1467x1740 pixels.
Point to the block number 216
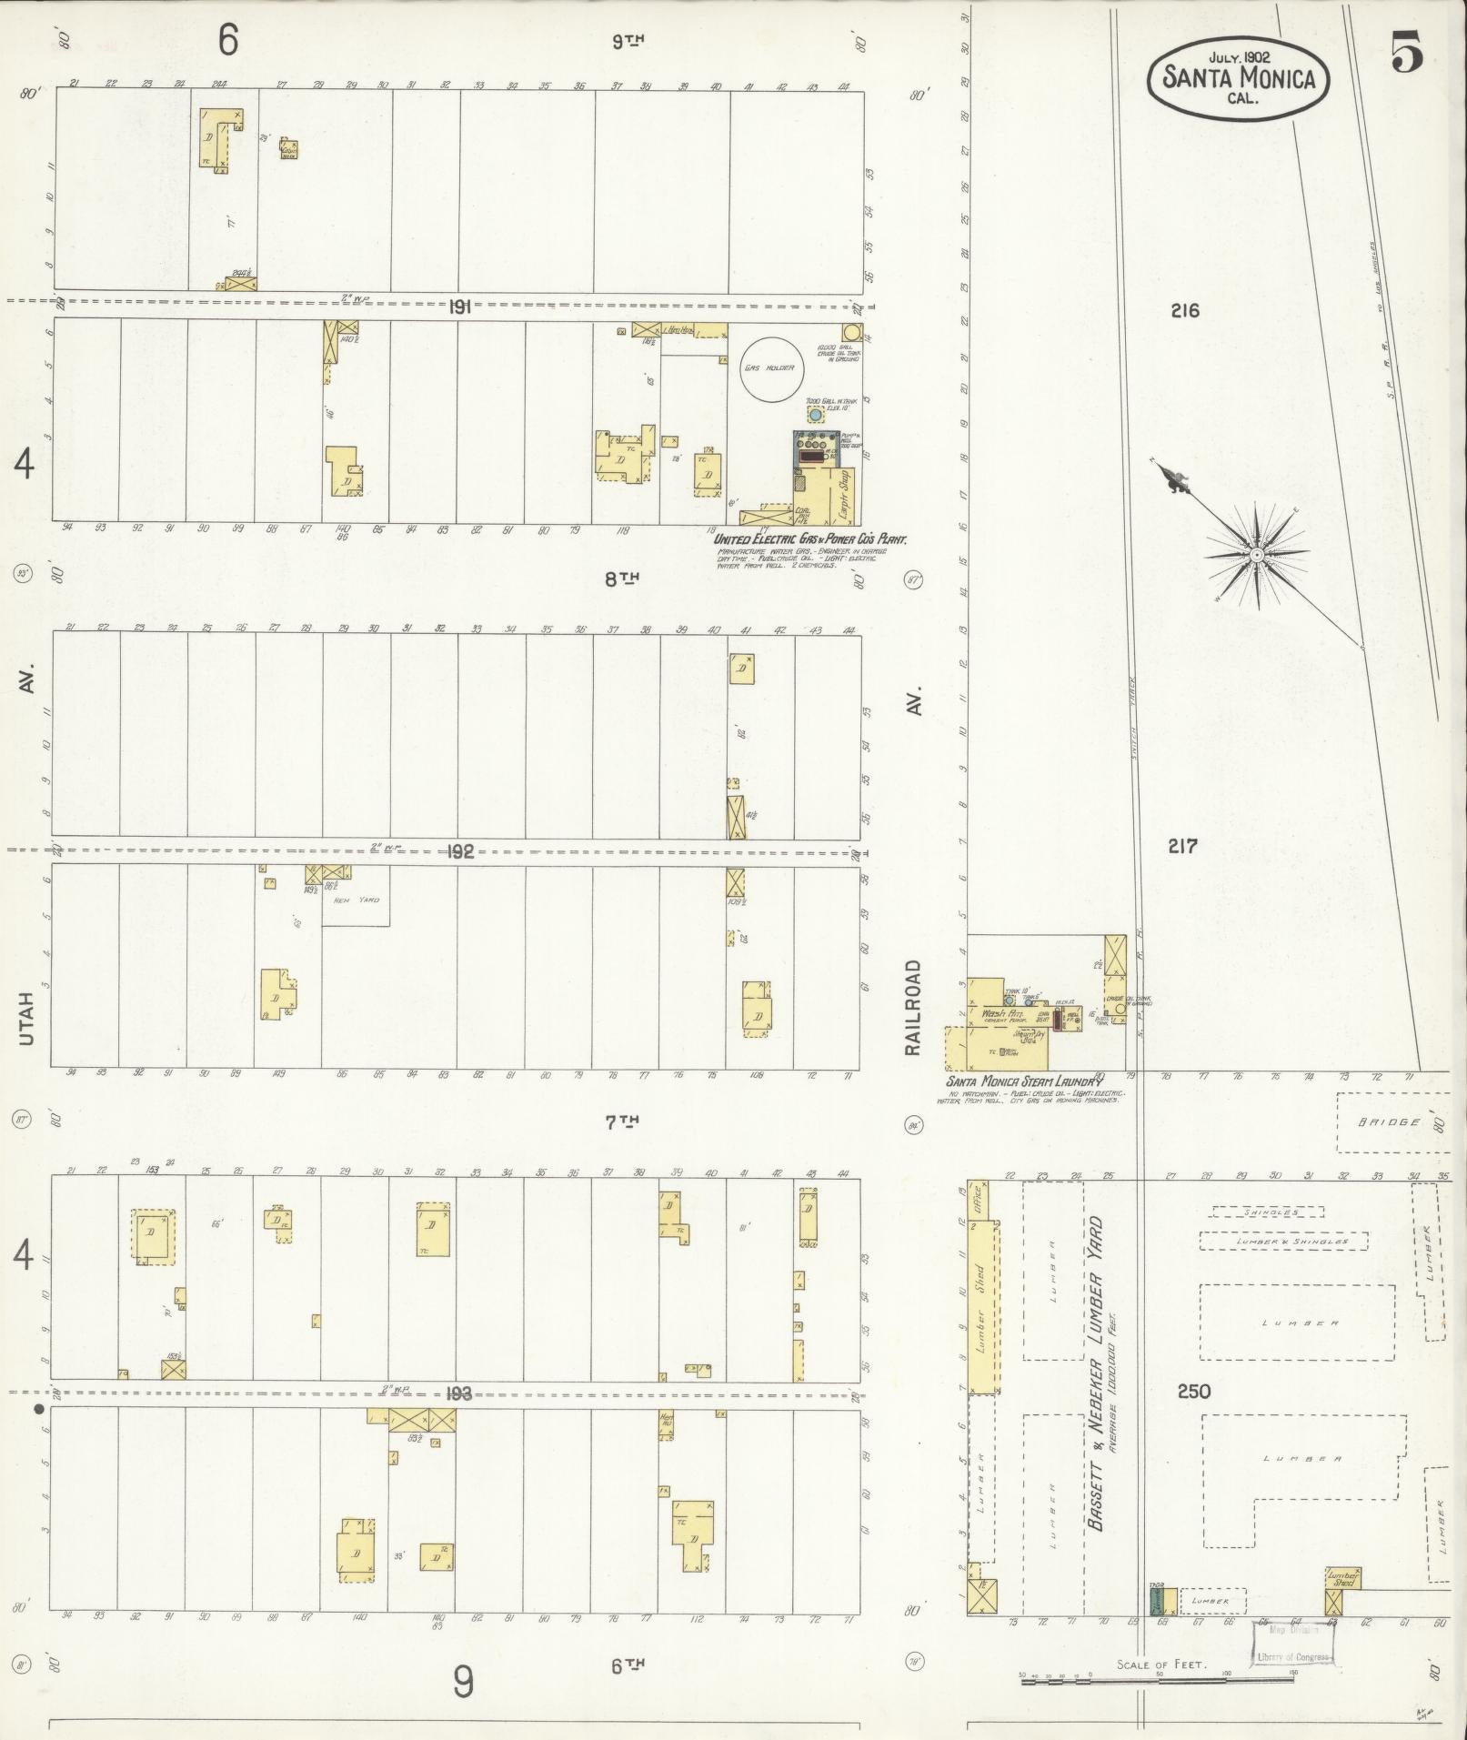[x=1184, y=311]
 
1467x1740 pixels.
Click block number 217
[x=1181, y=847]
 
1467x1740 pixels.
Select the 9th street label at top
[x=628, y=41]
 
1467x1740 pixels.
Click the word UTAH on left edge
[x=25, y=1017]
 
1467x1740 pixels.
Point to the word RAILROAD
[x=913, y=1008]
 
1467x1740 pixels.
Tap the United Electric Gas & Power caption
[x=810, y=538]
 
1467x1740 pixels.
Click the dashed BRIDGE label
[x=1390, y=1122]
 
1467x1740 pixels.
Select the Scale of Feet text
[x=1161, y=1664]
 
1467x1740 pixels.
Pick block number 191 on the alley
[x=459, y=307]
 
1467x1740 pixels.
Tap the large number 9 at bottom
[x=463, y=1683]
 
